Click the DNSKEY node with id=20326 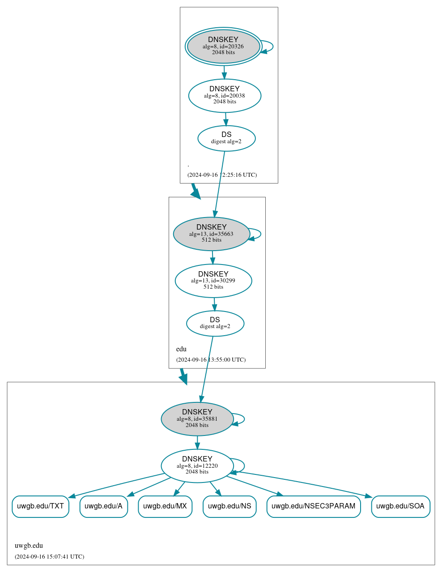pos(224,46)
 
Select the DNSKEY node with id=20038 pos(225,95)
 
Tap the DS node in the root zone pos(226,138)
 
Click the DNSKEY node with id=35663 pos(212,234)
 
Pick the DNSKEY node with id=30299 pos(213,281)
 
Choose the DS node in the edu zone pos(215,323)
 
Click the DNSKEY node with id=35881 pos(197,419)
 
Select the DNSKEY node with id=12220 pos(197,466)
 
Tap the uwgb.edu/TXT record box pos(40,506)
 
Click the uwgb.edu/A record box pos(103,506)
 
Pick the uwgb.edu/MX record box pos(165,506)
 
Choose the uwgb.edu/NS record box pos(229,506)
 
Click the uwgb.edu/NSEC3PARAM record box pos(313,506)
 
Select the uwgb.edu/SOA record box pos(400,506)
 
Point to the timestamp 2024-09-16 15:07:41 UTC pos(49,557)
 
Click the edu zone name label pos(181,349)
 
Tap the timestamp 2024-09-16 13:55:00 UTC pos(211,360)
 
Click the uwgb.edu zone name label pos(29,546)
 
